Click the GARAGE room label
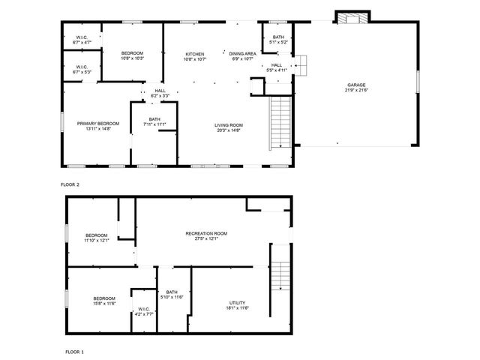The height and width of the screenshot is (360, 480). [x=356, y=85]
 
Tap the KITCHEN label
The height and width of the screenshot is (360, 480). [x=195, y=55]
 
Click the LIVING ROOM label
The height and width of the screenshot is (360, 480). [x=229, y=125]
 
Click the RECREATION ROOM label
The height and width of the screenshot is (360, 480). [x=206, y=233]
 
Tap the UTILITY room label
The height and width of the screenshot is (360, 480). [x=237, y=302]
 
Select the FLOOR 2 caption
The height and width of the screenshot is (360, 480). [x=70, y=184]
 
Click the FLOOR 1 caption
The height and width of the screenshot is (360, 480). [x=74, y=351]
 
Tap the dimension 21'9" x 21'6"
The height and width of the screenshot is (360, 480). [x=356, y=91]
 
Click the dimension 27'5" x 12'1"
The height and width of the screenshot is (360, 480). [x=206, y=240]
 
